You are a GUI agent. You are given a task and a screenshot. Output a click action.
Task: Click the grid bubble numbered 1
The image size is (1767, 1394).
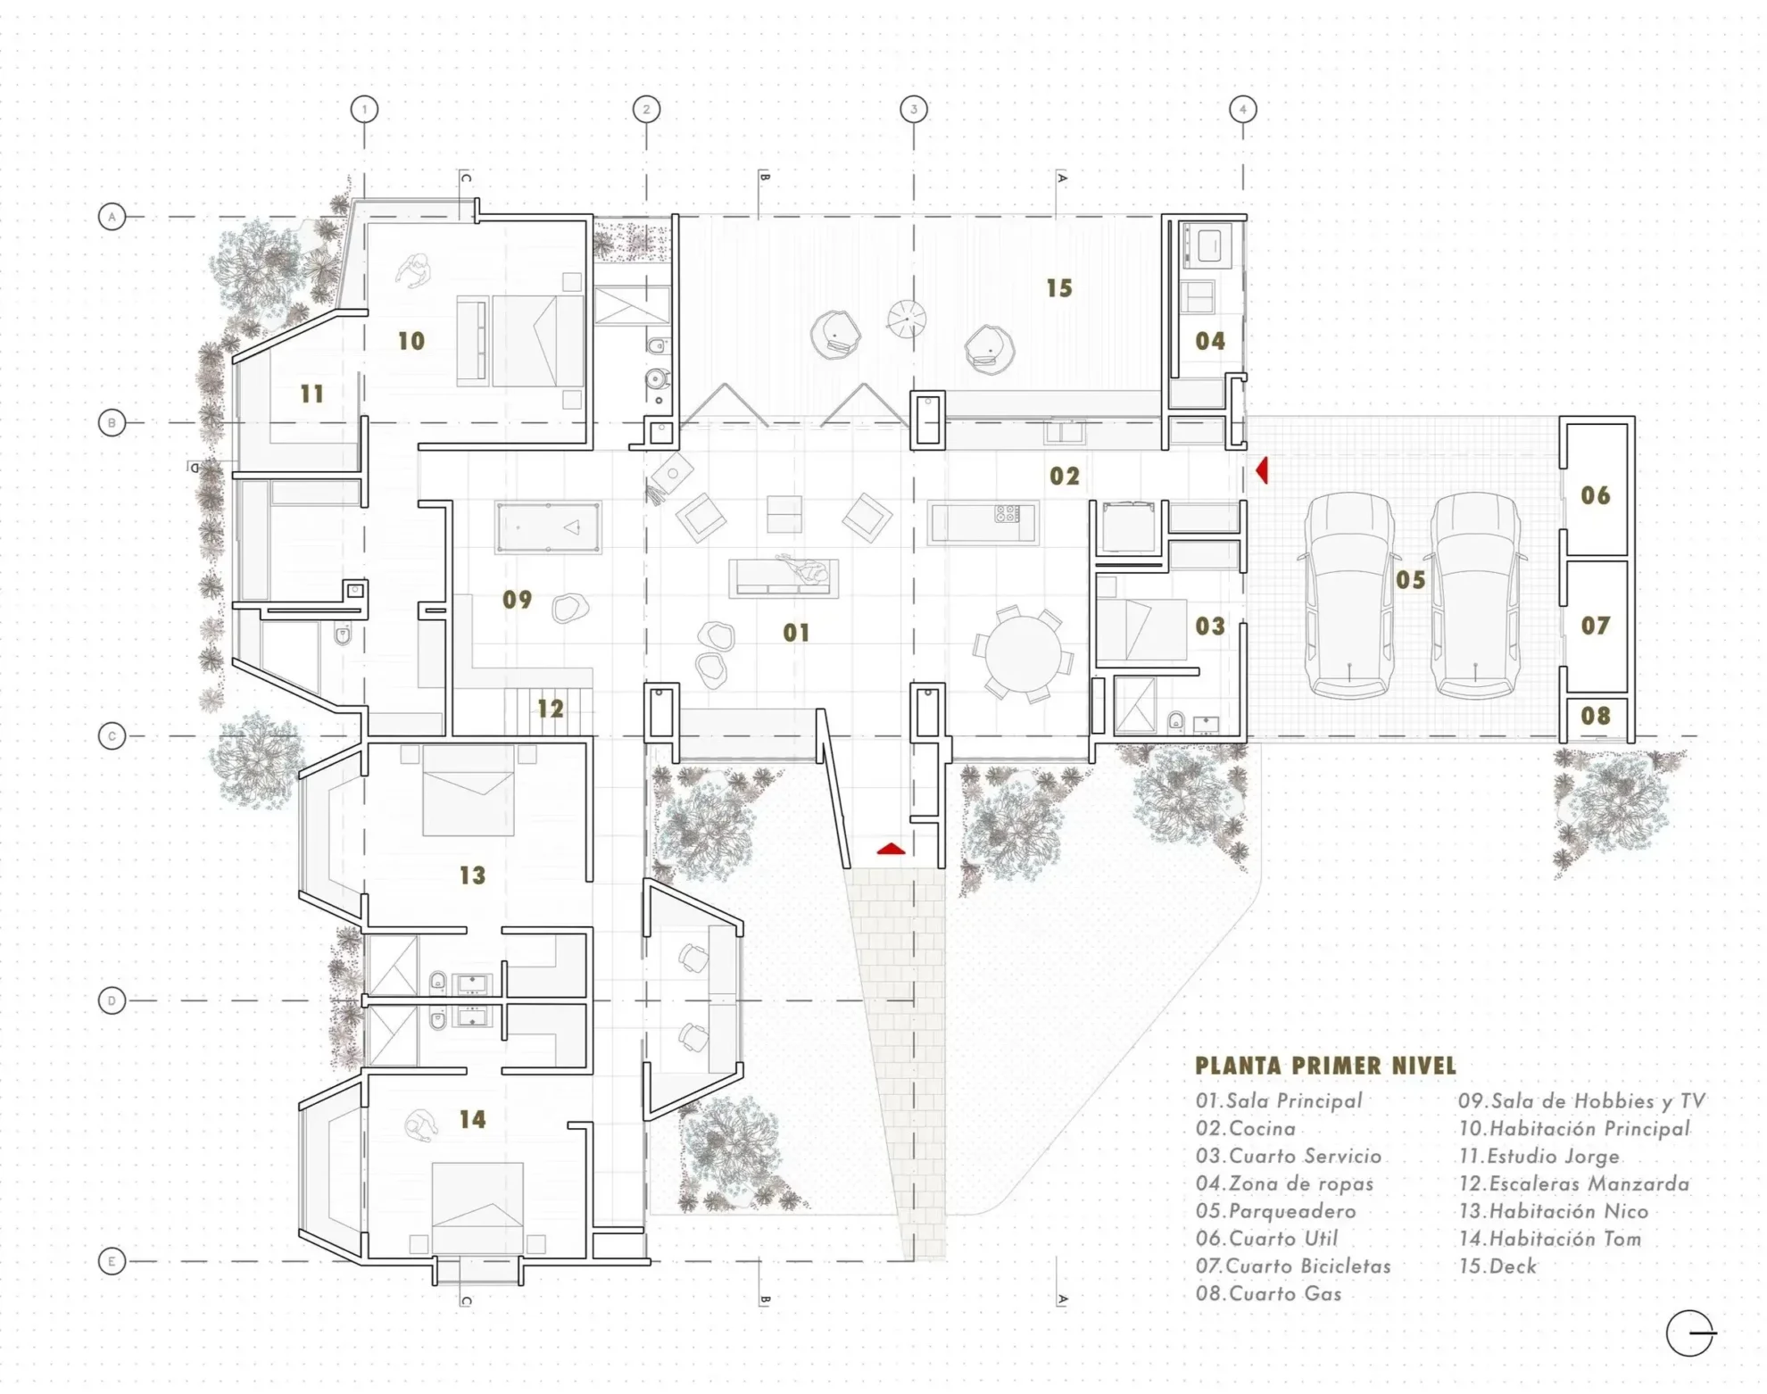click(x=364, y=110)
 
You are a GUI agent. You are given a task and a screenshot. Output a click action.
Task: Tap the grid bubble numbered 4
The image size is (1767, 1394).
click(x=1243, y=110)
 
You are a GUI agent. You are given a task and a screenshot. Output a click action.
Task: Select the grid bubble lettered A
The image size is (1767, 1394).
click(x=112, y=217)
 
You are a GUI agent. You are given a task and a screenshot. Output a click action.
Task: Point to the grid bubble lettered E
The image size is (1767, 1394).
click(x=112, y=1261)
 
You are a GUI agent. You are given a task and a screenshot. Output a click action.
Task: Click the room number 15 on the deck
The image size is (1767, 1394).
click(x=1059, y=288)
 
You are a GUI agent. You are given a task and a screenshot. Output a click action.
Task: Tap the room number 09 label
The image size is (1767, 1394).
click(x=518, y=600)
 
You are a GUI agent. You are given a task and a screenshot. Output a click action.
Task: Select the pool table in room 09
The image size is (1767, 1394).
click(x=548, y=527)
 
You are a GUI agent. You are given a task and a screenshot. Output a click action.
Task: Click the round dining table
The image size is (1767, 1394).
click(x=1024, y=652)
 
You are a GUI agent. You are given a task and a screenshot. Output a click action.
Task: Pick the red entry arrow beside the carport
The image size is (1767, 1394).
click(x=1262, y=470)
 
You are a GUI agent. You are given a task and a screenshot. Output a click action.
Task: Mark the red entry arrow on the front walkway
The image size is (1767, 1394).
click(x=891, y=849)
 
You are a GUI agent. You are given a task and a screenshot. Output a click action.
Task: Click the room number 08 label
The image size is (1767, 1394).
click(x=1596, y=716)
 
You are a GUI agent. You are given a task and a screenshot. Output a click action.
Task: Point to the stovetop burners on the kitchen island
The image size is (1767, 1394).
click(x=1008, y=513)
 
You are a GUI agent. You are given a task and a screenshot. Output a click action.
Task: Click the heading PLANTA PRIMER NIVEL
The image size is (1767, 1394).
click(x=1325, y=1066)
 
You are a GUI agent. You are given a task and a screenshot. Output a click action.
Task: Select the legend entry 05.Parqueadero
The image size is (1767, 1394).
click(x=1275, y=1211)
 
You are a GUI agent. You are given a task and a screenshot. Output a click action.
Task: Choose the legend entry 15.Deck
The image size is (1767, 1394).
click(x=1497, y=1266)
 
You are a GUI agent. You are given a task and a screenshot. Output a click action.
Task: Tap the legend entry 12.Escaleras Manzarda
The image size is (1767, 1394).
click(x=1573, y=1184)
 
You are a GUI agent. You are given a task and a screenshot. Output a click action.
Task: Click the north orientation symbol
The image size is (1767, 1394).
click(x=1689, y=1334)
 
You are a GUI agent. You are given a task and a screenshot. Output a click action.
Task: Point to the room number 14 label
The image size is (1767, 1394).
click(x=472, y=1119)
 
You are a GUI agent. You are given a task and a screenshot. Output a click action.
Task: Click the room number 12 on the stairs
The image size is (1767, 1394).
click(x=551, y=709)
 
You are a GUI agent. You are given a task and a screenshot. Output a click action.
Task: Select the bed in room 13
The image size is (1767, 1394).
click(x=469, y=790)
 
